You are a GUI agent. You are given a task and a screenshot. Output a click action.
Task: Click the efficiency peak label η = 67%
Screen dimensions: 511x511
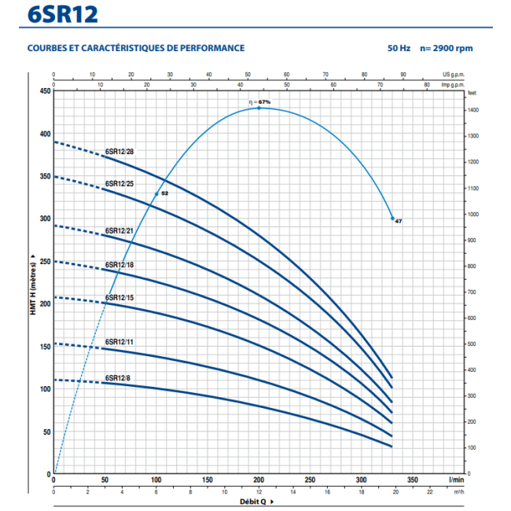tap(259, 102)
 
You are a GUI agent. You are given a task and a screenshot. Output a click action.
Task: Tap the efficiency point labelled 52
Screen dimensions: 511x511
tap(164, 193)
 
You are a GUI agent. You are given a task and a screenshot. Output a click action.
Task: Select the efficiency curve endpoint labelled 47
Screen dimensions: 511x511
tap(398, 222)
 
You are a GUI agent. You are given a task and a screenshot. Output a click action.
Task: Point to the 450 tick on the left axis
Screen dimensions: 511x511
tap(43, 91)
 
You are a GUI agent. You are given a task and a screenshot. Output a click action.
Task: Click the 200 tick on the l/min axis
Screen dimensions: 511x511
tap(258, 480)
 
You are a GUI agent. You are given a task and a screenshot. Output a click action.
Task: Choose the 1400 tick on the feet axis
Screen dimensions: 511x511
tap(472, 110)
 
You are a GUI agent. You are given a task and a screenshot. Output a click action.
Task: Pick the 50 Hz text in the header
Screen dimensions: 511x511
tap(399, 48)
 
